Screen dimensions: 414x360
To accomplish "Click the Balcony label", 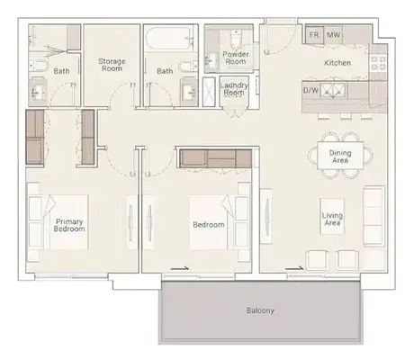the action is [x=260, y=310].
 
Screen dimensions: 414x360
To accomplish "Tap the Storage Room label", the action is [x=112, y=65].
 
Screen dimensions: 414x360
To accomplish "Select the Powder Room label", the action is [x=236, y=58].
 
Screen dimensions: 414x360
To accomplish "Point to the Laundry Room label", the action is [x=234, y=89].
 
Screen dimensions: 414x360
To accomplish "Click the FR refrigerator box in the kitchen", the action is [x=314, y=35].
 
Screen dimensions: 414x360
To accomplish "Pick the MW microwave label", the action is [x=333, y=35].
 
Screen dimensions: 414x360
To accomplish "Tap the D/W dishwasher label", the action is [x=310, y=90].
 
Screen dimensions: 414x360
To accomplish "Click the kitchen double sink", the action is [x=333, y=91].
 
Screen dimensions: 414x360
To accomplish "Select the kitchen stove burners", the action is [x=378, y=62].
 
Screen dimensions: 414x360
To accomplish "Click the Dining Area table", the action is [x=340, y=156].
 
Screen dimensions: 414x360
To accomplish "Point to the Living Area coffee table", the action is [x=332, y=216].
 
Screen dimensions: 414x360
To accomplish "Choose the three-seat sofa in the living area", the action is [x=374, y=215].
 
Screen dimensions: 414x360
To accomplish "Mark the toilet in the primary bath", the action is [x=39, y=66].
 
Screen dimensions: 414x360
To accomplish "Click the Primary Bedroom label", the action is [x=69, y=225].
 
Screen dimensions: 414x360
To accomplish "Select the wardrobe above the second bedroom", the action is [x=216, y=158].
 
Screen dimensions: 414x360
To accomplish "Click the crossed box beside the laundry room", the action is [x=209, y=92].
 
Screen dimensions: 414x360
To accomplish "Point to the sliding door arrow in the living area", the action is [x=295, y=267].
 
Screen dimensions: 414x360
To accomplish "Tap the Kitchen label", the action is [x=337, y=63].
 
